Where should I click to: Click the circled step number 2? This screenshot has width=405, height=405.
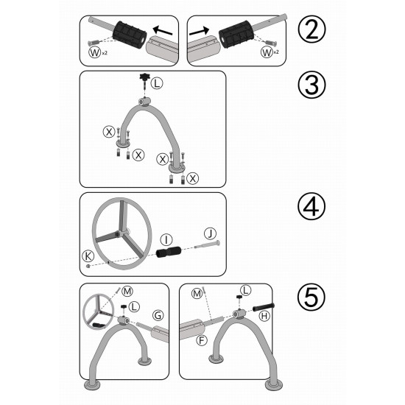[311, 29]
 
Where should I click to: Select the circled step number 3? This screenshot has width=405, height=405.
[311, 85]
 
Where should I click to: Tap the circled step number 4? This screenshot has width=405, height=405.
[311, 206]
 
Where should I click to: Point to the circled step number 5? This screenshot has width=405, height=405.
[311, 297]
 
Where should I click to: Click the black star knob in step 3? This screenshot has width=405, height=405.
[144, 77]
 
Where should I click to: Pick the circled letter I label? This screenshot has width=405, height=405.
[166, 240]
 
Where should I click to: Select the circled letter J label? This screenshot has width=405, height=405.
[210, 233]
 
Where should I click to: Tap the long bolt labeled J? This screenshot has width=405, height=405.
[207, 244]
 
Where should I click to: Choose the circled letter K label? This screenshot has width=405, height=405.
[88, 256]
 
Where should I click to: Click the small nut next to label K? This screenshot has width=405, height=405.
[88, 266]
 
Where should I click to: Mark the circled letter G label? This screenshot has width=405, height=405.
[158, 315]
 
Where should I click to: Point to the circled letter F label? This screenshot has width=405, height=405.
[202, 340]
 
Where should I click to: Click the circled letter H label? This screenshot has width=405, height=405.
[264, 316]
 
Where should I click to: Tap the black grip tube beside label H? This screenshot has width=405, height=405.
[263, 307]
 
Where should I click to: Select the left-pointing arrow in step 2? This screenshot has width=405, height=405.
[163, 31]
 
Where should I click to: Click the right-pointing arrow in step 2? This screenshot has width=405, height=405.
[199, 31]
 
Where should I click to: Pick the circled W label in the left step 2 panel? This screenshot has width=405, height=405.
[94, 52]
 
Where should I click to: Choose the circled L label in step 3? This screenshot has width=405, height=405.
[157, 83]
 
